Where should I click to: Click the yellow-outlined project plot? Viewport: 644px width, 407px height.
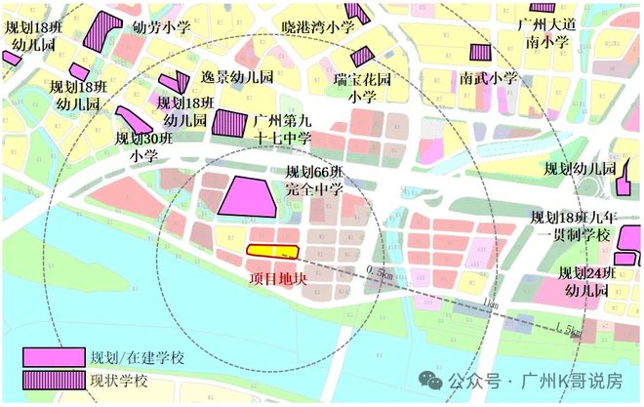[270, 251]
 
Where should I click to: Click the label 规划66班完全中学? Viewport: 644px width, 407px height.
[314, 181]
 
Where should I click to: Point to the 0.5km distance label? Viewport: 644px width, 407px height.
[381, 269]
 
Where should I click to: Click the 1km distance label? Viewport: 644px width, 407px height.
[491, 305]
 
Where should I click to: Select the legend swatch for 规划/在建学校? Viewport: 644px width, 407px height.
[53, 357]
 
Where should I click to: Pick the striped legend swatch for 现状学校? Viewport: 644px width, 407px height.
[53, 380]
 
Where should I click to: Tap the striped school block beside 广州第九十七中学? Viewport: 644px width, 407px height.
[230, 124]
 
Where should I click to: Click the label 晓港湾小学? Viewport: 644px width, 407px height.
[317, 27]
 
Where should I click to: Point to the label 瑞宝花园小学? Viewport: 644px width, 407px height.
[362, 87]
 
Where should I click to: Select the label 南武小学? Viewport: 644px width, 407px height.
[490, 77]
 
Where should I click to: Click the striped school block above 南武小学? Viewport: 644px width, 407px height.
[479, 52]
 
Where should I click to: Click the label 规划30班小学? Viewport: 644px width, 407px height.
[142, 146]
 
